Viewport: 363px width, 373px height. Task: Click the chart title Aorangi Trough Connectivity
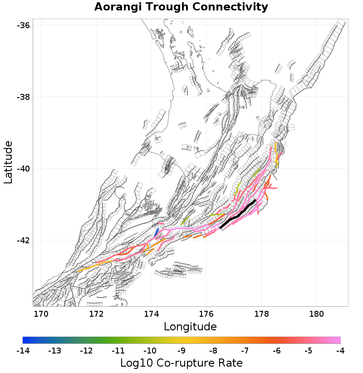click(x=181, y=7)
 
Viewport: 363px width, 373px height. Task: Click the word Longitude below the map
click(x=190, y=326)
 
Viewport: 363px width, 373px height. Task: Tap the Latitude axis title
click(x=8, y=162)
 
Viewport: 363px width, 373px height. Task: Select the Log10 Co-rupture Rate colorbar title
click(x=181, y=363)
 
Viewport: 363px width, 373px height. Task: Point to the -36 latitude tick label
click(x=23, y=25)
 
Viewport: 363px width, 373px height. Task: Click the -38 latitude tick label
click(x=23, y=97)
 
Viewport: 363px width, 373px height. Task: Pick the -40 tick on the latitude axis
click(x=23, y=169)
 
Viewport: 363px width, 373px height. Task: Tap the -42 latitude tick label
click(x=23, y=240)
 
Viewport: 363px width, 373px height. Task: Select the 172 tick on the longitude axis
click(x=96, y=314)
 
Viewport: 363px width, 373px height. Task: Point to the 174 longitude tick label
click(x=151, y=314)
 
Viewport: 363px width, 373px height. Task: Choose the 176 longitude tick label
click(x=206, y=314)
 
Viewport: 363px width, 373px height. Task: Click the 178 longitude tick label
click(x=261, y=314)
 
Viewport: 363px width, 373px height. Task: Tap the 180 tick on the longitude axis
click(x=316, y=314)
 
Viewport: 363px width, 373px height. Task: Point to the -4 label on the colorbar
click(x=340, y=351)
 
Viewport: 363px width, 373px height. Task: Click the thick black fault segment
click(x=238, y=214)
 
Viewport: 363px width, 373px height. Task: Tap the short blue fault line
click(x=157, y=232)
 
